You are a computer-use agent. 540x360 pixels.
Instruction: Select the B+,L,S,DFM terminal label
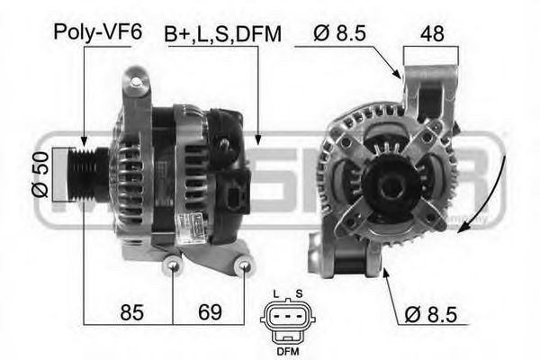(x=222, y=33)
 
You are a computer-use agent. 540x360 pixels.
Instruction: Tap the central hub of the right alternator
(x=389, y=187)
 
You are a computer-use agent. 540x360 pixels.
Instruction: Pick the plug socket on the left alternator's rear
(x=236, y=195)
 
